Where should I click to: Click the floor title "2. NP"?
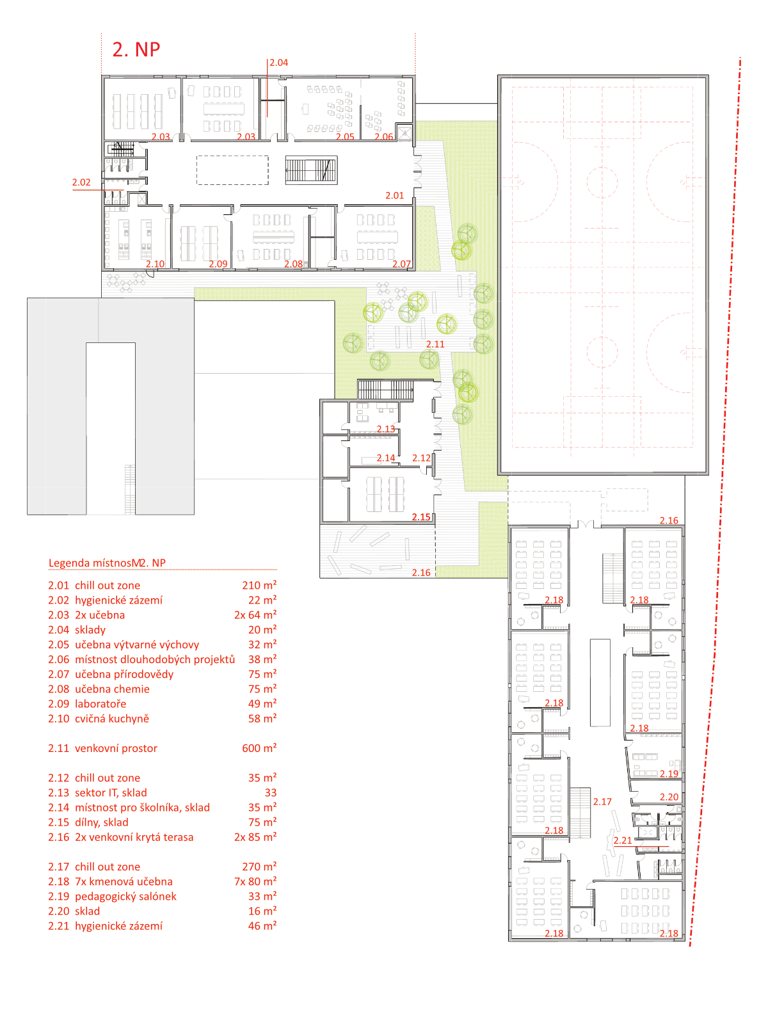click(136, 49)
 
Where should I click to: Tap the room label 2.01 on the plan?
click(394, 195)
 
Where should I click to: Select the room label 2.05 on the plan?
click(345, 137)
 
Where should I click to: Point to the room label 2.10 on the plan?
click(155, 264)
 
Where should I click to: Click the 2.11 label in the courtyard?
click(435, 344)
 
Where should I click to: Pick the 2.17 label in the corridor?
click(602, 801)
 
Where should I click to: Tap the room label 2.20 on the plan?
click(669, 797)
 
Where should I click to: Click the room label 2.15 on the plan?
click(421, 517)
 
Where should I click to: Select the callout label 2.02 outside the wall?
click(81, 182)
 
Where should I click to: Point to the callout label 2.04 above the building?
click(279, 63)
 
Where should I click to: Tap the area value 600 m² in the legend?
click(259, 748)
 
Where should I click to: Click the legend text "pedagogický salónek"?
click(126, 896)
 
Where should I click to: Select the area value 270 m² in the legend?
click(259, 867)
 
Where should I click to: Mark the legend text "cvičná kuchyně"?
click(112, 719)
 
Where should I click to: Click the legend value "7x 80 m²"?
click(255, 881)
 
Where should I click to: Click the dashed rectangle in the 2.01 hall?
click(233, 170)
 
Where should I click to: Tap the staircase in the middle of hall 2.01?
click(311, 170)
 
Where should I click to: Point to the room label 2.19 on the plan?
click(669, 774)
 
